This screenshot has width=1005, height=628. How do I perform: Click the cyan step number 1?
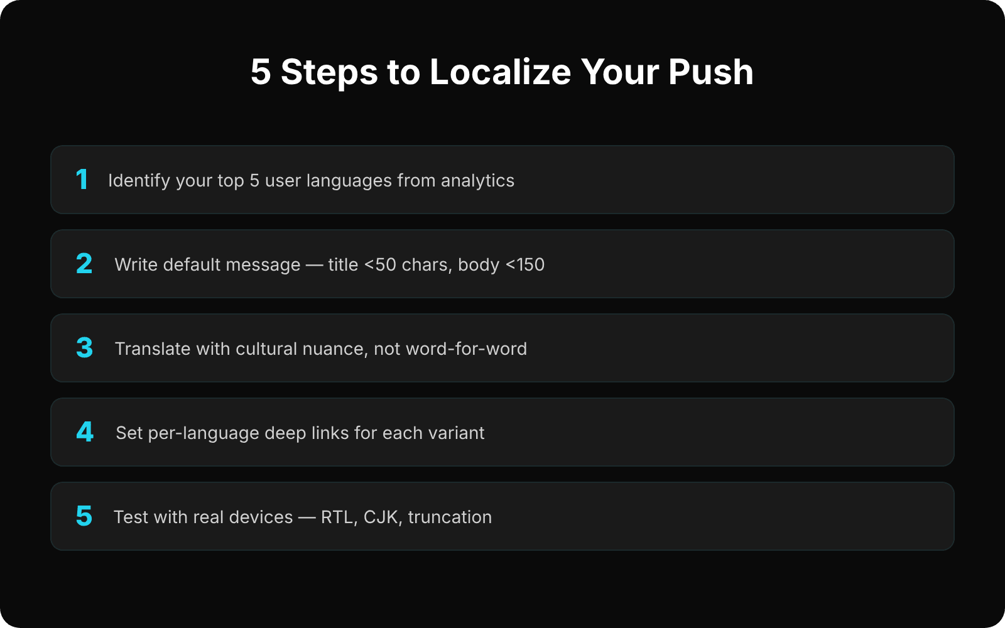82,180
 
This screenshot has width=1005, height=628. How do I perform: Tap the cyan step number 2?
84,264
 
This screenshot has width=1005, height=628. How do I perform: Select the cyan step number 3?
85,348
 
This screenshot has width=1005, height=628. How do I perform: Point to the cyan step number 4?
85,432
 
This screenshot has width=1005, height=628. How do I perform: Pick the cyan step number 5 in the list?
84,516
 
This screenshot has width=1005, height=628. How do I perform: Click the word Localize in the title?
500,72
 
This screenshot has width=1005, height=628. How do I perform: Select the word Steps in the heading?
329,72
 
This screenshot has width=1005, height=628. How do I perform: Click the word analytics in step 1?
477,181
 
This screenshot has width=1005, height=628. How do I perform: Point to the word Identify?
139,181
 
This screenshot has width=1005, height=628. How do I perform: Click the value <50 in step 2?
380,265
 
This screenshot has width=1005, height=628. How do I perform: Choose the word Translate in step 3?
153,349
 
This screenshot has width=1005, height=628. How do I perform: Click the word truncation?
450,517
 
